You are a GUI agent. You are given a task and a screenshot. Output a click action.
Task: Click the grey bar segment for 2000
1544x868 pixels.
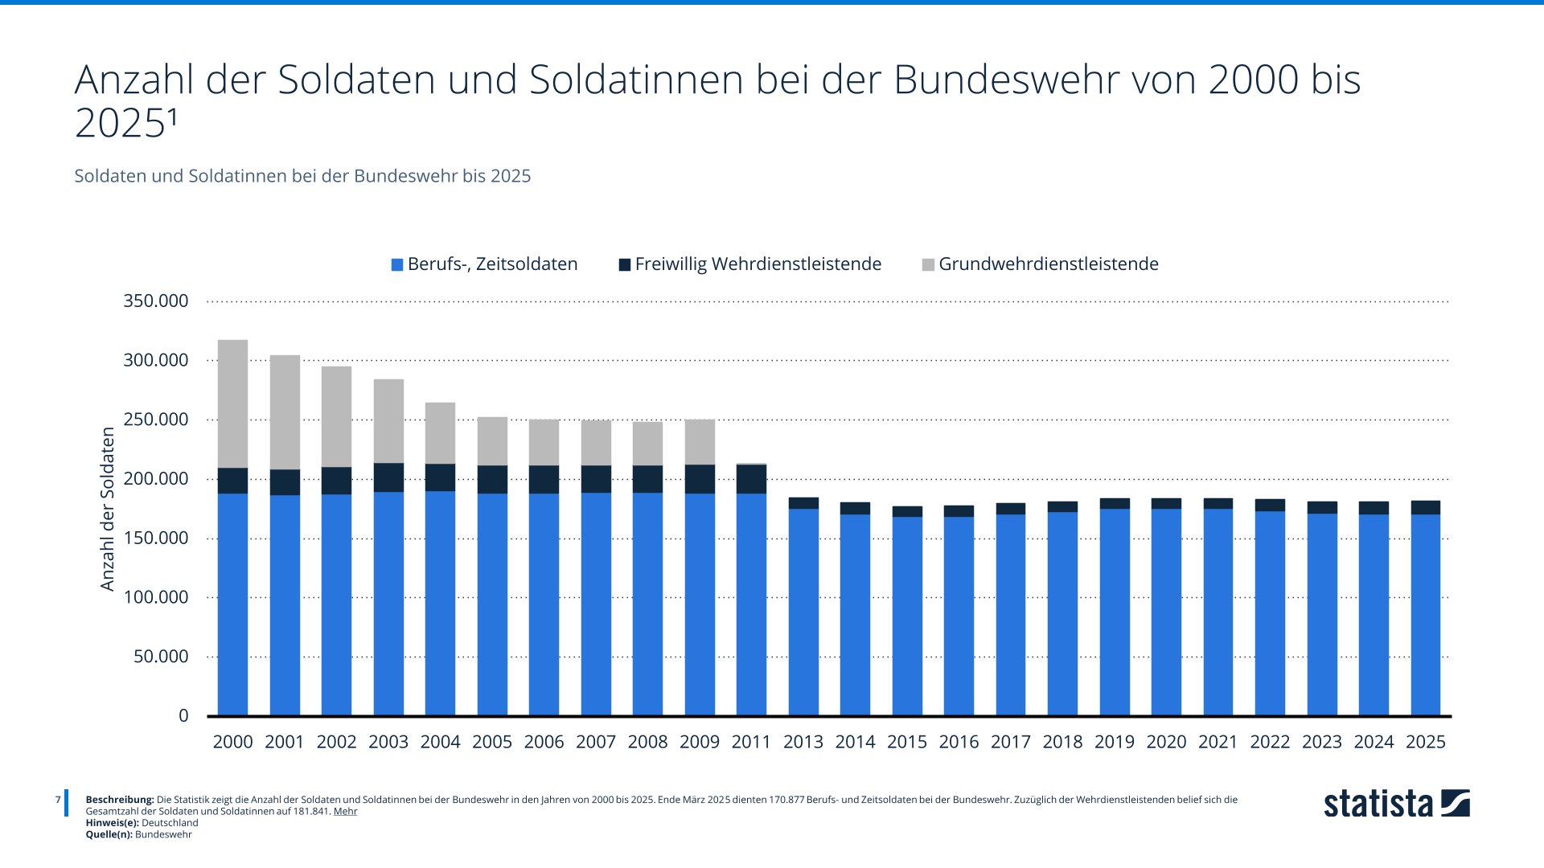(232, 403)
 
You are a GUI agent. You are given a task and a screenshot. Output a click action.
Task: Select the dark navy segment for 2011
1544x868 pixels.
(751, 479)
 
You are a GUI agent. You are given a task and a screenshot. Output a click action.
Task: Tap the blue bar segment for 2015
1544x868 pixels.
(907, 616)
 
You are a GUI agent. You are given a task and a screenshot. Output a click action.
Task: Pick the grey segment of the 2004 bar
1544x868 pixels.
(440, 433)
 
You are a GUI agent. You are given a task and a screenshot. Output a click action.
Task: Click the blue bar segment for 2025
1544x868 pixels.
(1425, 615)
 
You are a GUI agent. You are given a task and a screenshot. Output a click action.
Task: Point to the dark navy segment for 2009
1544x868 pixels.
(700, 479)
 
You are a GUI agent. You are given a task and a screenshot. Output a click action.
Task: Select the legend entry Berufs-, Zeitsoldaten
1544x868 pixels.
(484, 264)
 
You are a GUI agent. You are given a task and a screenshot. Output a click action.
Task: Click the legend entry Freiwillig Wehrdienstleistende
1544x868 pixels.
(749, 264)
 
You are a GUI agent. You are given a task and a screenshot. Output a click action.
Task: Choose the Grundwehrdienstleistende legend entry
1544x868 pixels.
(1040, 264)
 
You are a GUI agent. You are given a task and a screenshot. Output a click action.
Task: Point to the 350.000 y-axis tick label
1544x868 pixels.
(156, 301)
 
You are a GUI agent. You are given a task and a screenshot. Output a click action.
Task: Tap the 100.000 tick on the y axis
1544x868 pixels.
(156, 597)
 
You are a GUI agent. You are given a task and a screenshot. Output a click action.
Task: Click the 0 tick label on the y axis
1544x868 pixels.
(183, 715)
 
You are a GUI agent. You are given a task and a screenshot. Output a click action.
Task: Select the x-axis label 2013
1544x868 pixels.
(803, 742)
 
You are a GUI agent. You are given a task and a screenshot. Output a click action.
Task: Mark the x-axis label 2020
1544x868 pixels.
(1166, 742)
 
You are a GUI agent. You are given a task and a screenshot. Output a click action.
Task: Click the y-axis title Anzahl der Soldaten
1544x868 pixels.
(108, 509)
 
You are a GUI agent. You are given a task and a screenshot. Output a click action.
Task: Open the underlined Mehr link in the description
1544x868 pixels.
(345, 811)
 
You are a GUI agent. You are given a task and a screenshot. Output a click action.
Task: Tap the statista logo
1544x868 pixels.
(1396, 804)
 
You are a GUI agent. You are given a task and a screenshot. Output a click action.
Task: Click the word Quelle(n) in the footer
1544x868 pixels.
(109, 834)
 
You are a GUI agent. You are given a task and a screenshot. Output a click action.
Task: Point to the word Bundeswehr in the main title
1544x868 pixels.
(1006, 80)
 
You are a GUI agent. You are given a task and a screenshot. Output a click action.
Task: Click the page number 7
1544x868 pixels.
(58, 800)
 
